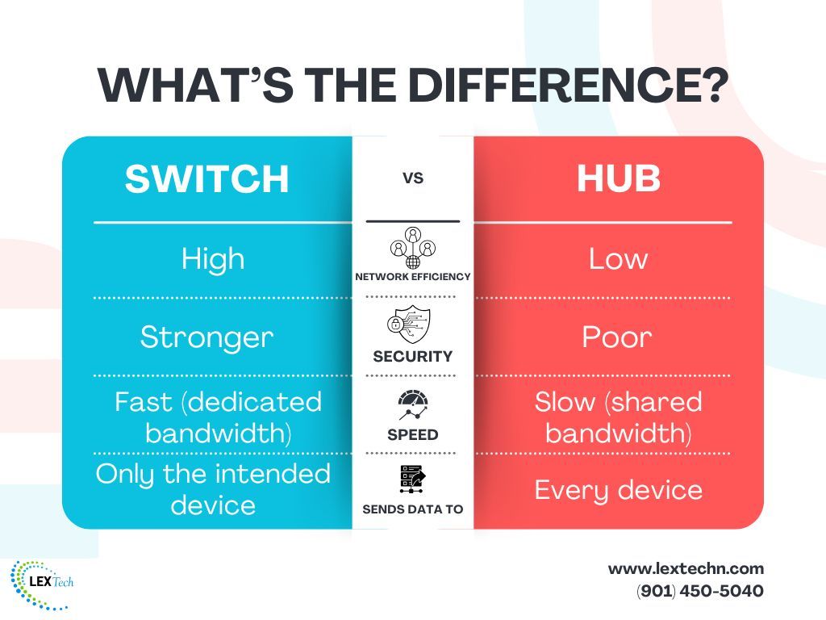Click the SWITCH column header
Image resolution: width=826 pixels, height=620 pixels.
point(206,179)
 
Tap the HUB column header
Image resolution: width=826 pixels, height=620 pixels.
point(619,179)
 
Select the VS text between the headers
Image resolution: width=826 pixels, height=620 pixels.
point(413,178)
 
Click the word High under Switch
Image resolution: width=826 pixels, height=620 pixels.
point(213,258)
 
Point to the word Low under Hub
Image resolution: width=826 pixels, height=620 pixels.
point(618,258)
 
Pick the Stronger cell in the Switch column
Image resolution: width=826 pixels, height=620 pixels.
point(206,337)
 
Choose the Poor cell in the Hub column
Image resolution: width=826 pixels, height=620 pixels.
point(618,337)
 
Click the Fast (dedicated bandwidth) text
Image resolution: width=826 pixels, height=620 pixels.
point(218,417)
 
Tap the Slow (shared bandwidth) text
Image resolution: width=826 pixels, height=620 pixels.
point(618,417)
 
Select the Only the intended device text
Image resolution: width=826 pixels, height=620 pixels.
point(213,489)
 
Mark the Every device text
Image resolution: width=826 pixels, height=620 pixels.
point(618,489)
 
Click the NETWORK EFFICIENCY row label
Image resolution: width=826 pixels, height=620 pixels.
point(413,277)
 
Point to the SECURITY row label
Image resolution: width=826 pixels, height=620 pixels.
point(413,356)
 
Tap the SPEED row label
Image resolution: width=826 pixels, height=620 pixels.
point(413,434)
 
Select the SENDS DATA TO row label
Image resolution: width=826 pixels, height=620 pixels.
point(413,509)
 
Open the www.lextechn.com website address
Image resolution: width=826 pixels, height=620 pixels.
point(686,568)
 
